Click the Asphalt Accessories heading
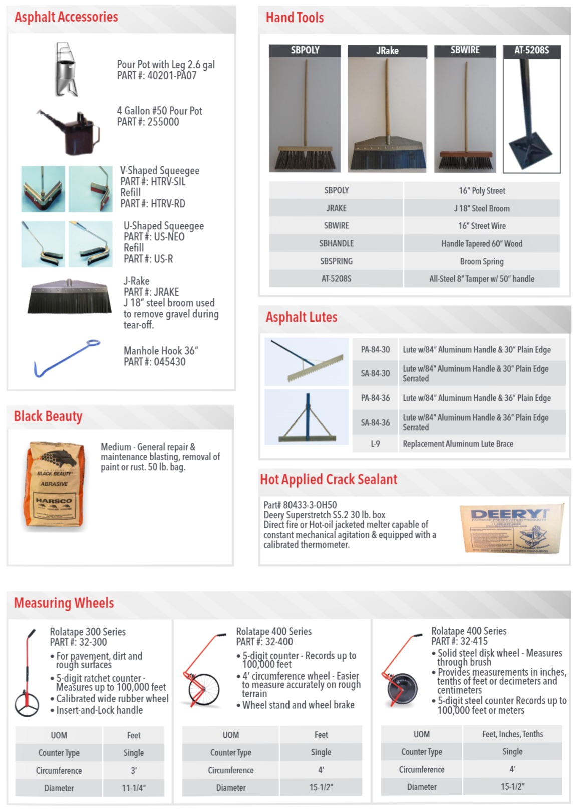pyautogui.click(x=66, y=17)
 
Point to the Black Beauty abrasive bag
pyautogui.click(x=55, y=484)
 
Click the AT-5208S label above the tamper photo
pyautogui.click(x=531, y=50)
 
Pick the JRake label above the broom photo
pyautogui.click(x=387, y=51)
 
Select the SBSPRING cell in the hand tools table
pyautogui.click(x=336, y=261)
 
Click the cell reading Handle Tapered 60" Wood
pyautogui.click(x=481, y=244)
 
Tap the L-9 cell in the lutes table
pyautogui.click(x=375, y=444)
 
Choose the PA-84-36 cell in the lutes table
pyautogui.click(x=375, y=398)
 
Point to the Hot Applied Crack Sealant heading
pyautogui.click(x=329, y=480)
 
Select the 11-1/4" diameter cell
pyautogui.click(x=134, y=788)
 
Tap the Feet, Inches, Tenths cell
pyautogui.click(x=512, y=734)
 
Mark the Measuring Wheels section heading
pyautogui.click(x=64, y=603)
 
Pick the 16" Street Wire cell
pyautogui.click(x=481, y=226)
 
